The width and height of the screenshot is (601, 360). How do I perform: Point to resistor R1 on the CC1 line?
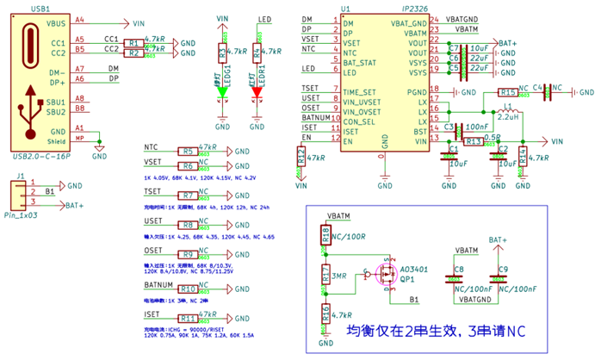click(x=133, y=42)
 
